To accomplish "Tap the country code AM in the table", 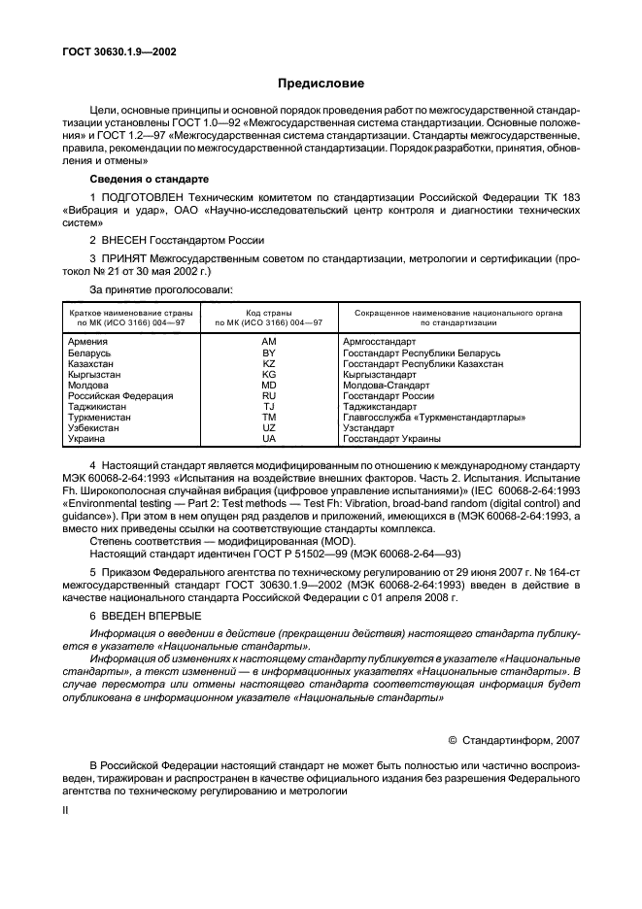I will [269, 342].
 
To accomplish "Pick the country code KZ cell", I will [269, 363].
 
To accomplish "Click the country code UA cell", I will [269, 438].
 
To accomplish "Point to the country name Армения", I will [88, 342].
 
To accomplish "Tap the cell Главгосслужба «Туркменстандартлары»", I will [434, 417].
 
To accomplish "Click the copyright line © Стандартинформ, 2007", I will [514, 739].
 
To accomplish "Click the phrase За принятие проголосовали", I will [161, 289].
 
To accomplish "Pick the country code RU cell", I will [269, 395].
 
